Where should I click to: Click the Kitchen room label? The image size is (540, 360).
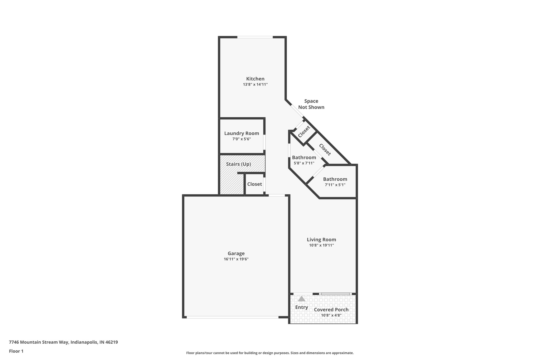tap(255, 79)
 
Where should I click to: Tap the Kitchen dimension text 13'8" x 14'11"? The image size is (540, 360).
tap(255, 85)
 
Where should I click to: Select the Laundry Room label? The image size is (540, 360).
tap(242, 133)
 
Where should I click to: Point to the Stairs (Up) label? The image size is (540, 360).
tap(238, 164)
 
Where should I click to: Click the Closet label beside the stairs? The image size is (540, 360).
tap(254, 184)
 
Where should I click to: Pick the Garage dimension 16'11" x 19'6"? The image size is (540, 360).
tap(236, 259)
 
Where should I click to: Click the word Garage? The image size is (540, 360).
tap(236, 253)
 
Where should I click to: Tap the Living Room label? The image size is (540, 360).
tap(321, 240)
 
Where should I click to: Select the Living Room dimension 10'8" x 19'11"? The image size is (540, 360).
tap(321, 245)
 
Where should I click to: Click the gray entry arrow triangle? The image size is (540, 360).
tap(301, 299)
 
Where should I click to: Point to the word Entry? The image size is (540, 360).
tap(301, 307)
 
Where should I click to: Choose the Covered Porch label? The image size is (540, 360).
tap(331, 310)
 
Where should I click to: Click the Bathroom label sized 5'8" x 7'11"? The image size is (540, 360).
tap(304, 157)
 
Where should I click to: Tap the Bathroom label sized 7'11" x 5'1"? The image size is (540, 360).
tap(335, 179)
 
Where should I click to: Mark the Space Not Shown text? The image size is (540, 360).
tap(311, 104)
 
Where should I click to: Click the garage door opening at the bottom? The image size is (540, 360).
tap(232, 317)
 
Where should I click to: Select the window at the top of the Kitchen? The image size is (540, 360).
tap(255, 37)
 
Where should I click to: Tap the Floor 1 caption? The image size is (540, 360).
tap(16, 351)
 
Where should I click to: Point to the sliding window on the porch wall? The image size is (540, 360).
tap(335, 294)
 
